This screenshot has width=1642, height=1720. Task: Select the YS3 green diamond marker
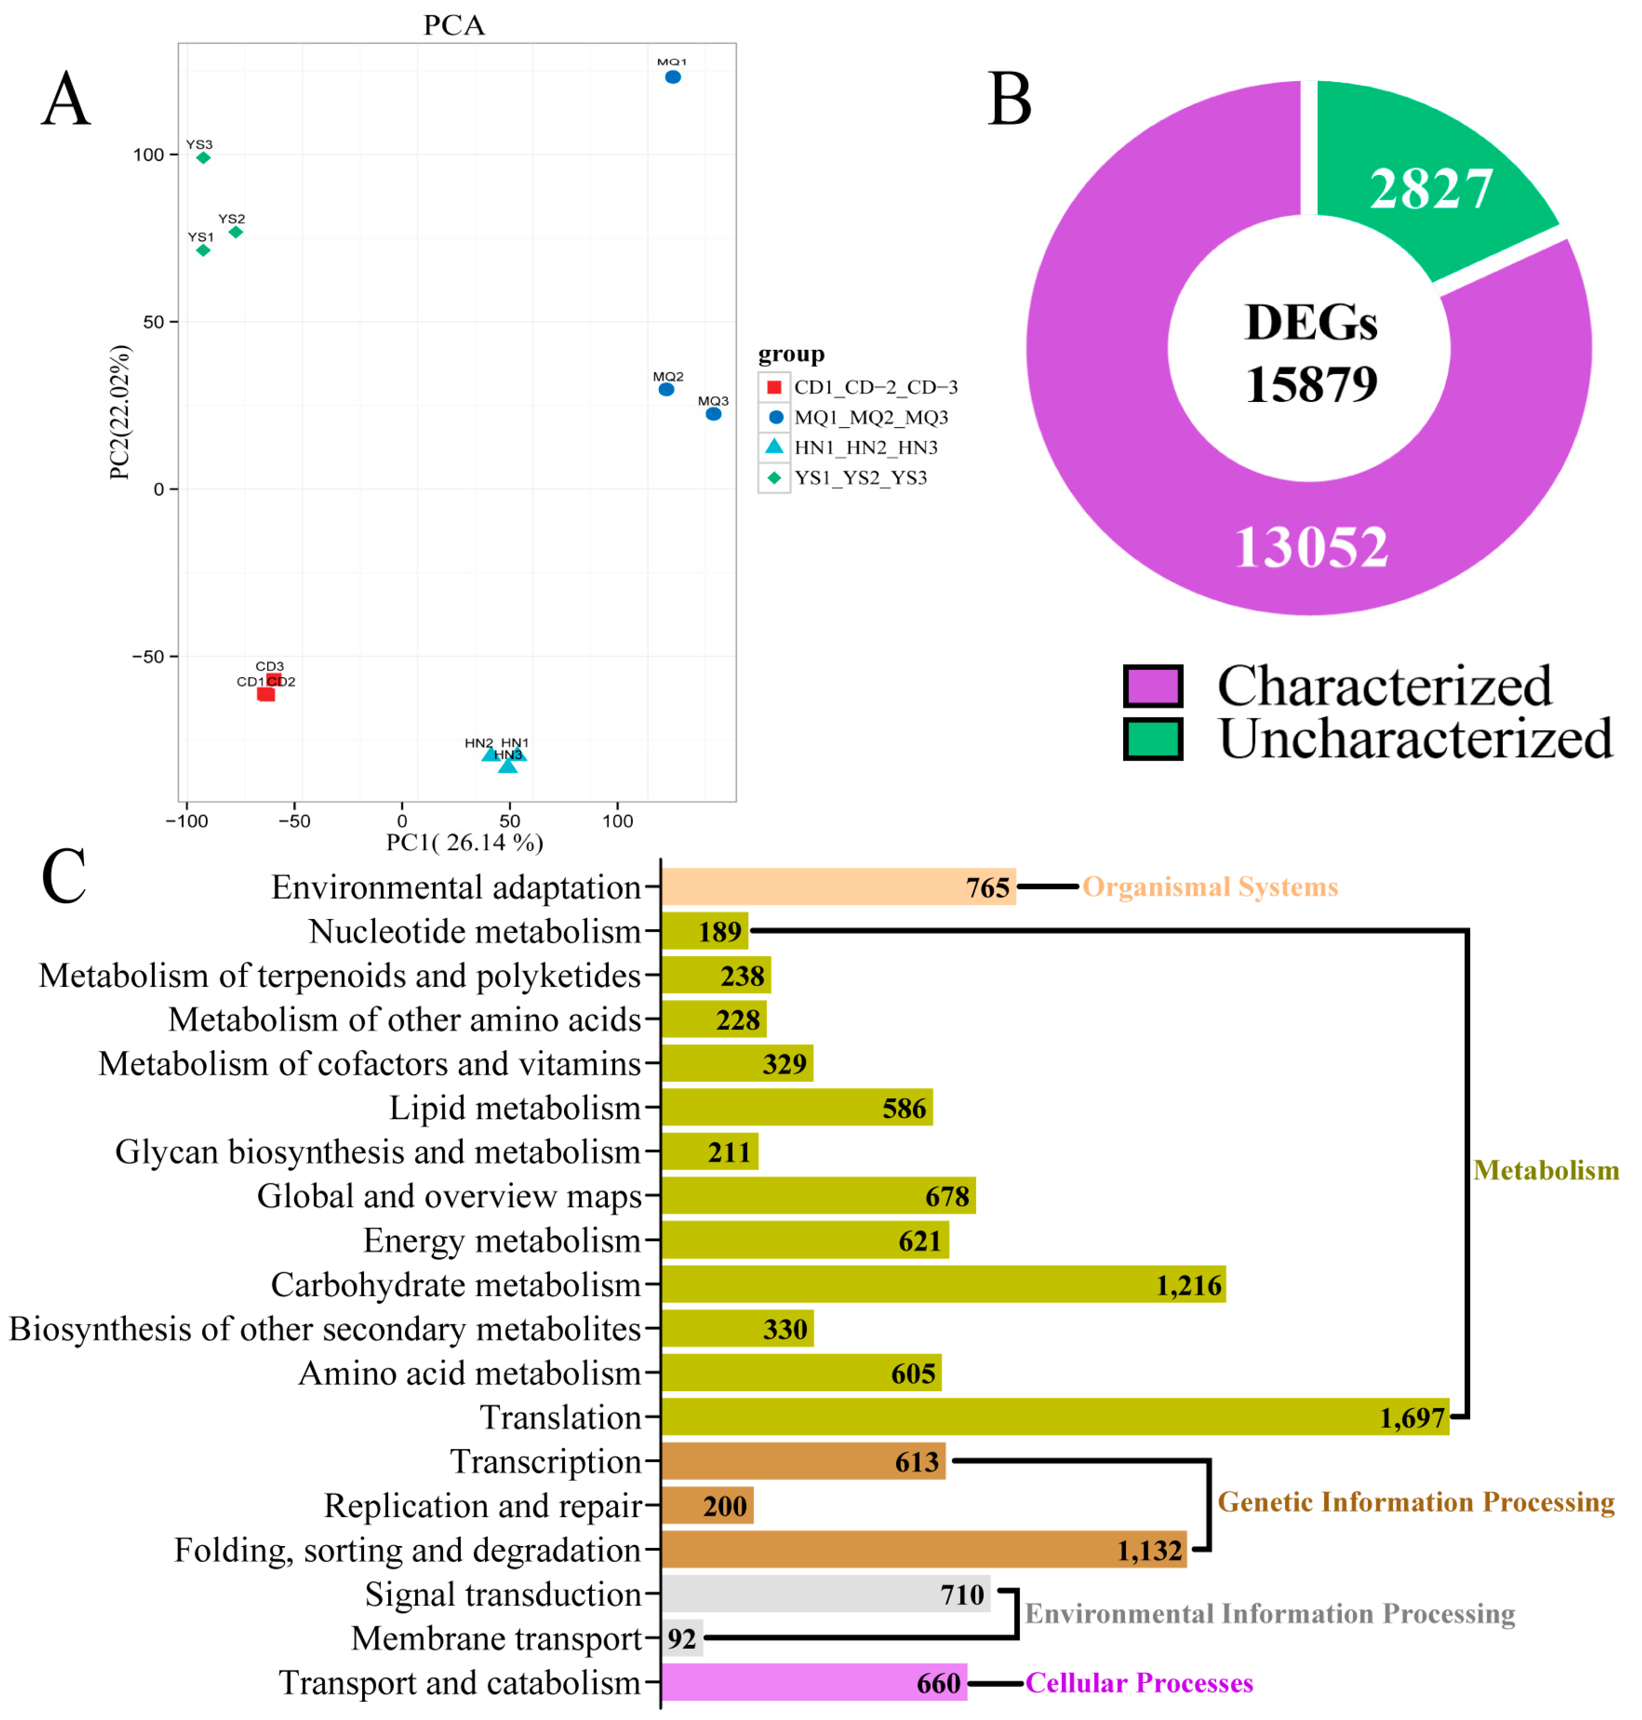tap(203, 158)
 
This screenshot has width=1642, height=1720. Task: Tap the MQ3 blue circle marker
tap(713, 414)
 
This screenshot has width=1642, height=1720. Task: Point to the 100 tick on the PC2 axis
tap(149, 155)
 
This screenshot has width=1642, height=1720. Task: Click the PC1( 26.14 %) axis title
tap(465, 842)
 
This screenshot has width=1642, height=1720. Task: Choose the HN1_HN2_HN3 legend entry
tap(865, 447)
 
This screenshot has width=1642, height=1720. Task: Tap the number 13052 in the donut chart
tap(1310, 547)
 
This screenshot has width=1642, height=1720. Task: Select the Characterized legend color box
tap(1153, 686)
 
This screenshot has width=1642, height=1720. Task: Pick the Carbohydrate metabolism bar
tap(943, 1284)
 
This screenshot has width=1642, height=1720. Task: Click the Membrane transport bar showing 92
tap(682, 1638)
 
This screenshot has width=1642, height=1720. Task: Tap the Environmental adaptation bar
tap(838, 887)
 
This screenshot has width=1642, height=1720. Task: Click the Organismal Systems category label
tap(1210, 887)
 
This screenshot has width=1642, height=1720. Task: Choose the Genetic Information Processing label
tap(1416, 1502)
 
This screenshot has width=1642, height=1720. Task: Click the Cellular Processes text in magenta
tap(1139, 1682)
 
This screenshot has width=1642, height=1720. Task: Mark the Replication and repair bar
tap(707, 1506)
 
